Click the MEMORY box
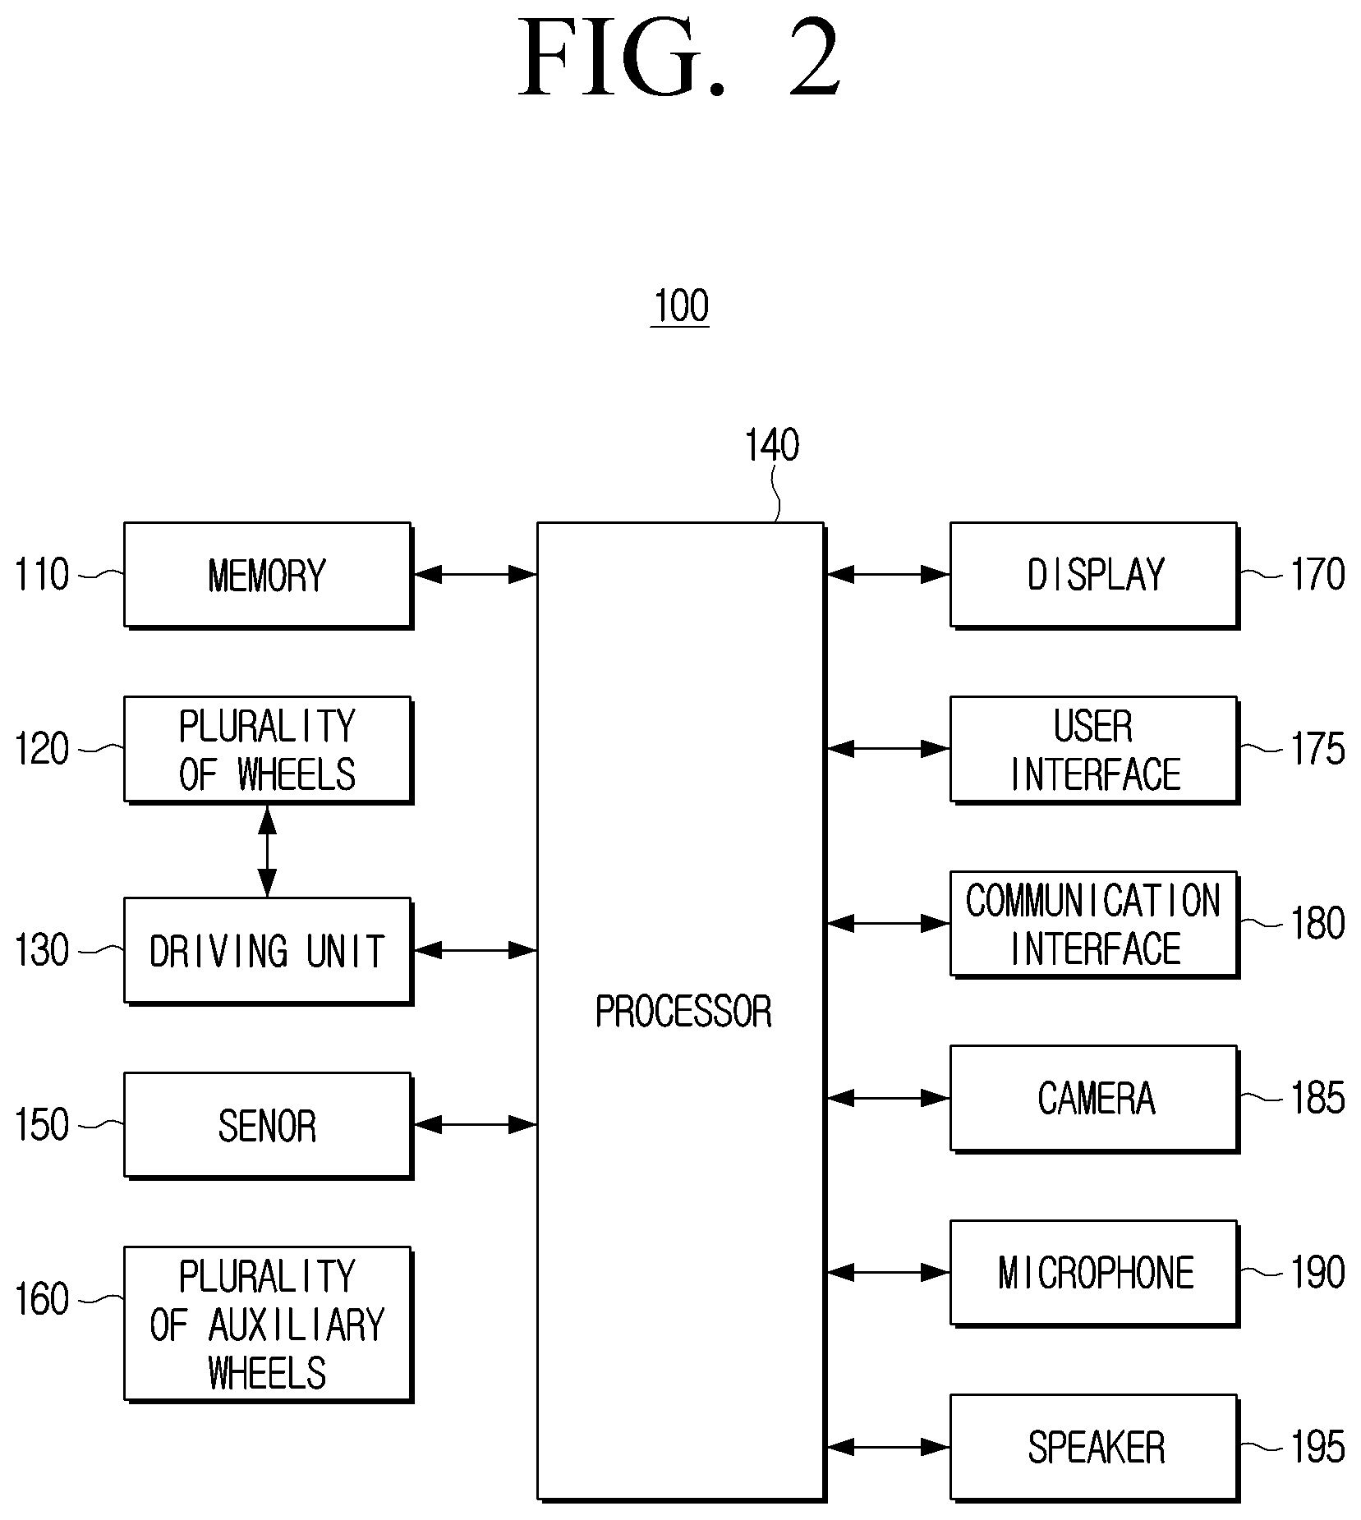268,575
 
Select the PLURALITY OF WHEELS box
268,750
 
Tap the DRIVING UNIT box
268,950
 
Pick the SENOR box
268,1125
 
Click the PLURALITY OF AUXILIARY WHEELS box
268,1325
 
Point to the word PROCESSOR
683,1012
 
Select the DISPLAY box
1094,575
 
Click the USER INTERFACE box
1094,750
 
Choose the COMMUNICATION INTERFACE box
1094,924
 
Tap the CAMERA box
1094,1099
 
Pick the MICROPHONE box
1094,1273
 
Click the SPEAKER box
1094,1448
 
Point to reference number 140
771,446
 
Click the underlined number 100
681,307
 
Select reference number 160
42,1300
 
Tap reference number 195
1318,1448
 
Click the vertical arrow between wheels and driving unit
268,851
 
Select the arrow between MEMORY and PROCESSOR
475,575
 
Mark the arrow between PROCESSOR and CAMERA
888,1098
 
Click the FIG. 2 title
680,57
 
